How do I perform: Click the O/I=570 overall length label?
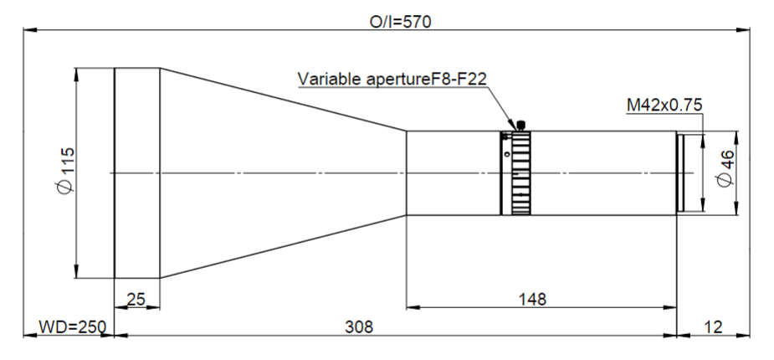click(x=400, y=23)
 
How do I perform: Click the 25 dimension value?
click(x=136, y=299)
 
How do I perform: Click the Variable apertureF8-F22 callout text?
click(x=392, y=79)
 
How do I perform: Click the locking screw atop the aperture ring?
click(x=520, y=126)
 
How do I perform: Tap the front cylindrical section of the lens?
click(x=136, y=173)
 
